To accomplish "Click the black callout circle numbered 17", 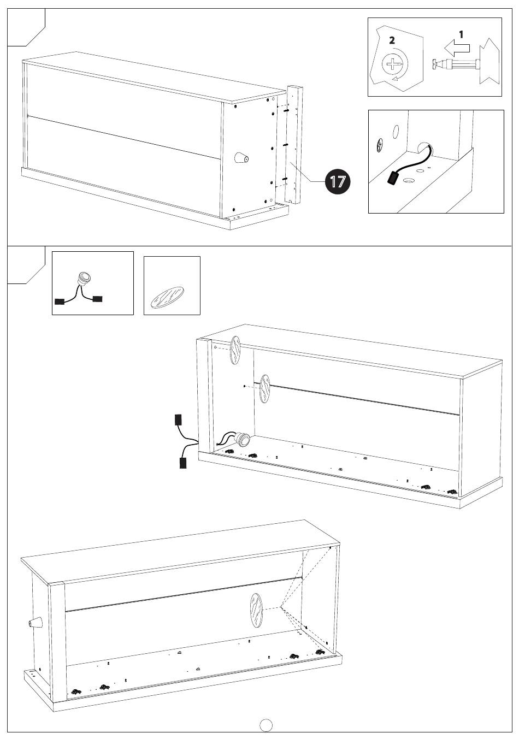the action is click(x=338, y=181).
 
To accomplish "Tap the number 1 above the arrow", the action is click(x=461, y=34).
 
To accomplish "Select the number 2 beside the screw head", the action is click(x=392, y=40).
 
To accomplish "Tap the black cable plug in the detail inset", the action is click(x=393, y=179).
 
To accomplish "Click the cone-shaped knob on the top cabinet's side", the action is click(x=241, y=158).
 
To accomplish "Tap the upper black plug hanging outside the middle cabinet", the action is click(x=178, y=419).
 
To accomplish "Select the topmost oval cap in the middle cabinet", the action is click(x=235, y=350).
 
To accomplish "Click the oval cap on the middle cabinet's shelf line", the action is click(x=265, y=389).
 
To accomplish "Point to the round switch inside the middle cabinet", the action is click(x=241, y=439).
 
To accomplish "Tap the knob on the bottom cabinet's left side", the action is click(x=34, y=623).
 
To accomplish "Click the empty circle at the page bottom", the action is click(x=266, y=724).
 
